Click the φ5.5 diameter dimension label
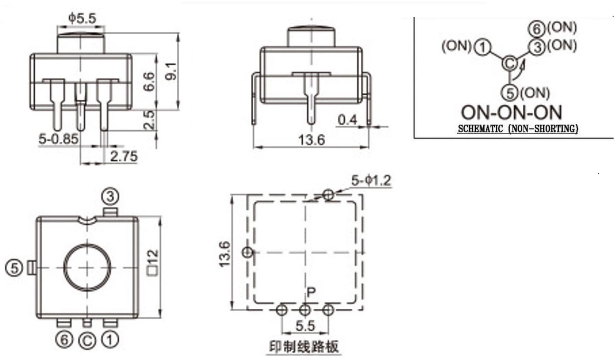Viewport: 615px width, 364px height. (82, 19)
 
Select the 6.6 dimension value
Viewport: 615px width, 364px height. (149, 81)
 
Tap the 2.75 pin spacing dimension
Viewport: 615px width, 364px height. (124, 157)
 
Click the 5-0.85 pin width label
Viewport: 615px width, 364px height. (58, 139)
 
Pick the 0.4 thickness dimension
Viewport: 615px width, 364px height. (347, 120)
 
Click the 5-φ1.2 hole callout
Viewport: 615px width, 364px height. (371, 181)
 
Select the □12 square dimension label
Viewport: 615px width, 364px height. (153, 262)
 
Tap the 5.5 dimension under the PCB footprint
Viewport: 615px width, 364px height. (305, 326)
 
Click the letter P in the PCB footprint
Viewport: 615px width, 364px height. (311, 292)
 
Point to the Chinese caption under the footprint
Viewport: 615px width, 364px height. (304, 347)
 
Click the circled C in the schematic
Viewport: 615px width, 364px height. (509, 63)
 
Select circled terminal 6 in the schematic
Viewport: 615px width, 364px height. (537, 29)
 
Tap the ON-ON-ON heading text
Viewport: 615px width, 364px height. (511, 112)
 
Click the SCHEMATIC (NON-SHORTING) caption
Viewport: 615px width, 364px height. (518, 128)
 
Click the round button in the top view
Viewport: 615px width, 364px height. (87, 267)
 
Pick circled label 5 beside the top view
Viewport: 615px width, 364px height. (14, 268)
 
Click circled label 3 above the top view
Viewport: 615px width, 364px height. (110, 197)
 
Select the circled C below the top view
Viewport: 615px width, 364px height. (87, 341)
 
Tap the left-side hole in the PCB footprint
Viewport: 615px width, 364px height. (248, 252)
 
